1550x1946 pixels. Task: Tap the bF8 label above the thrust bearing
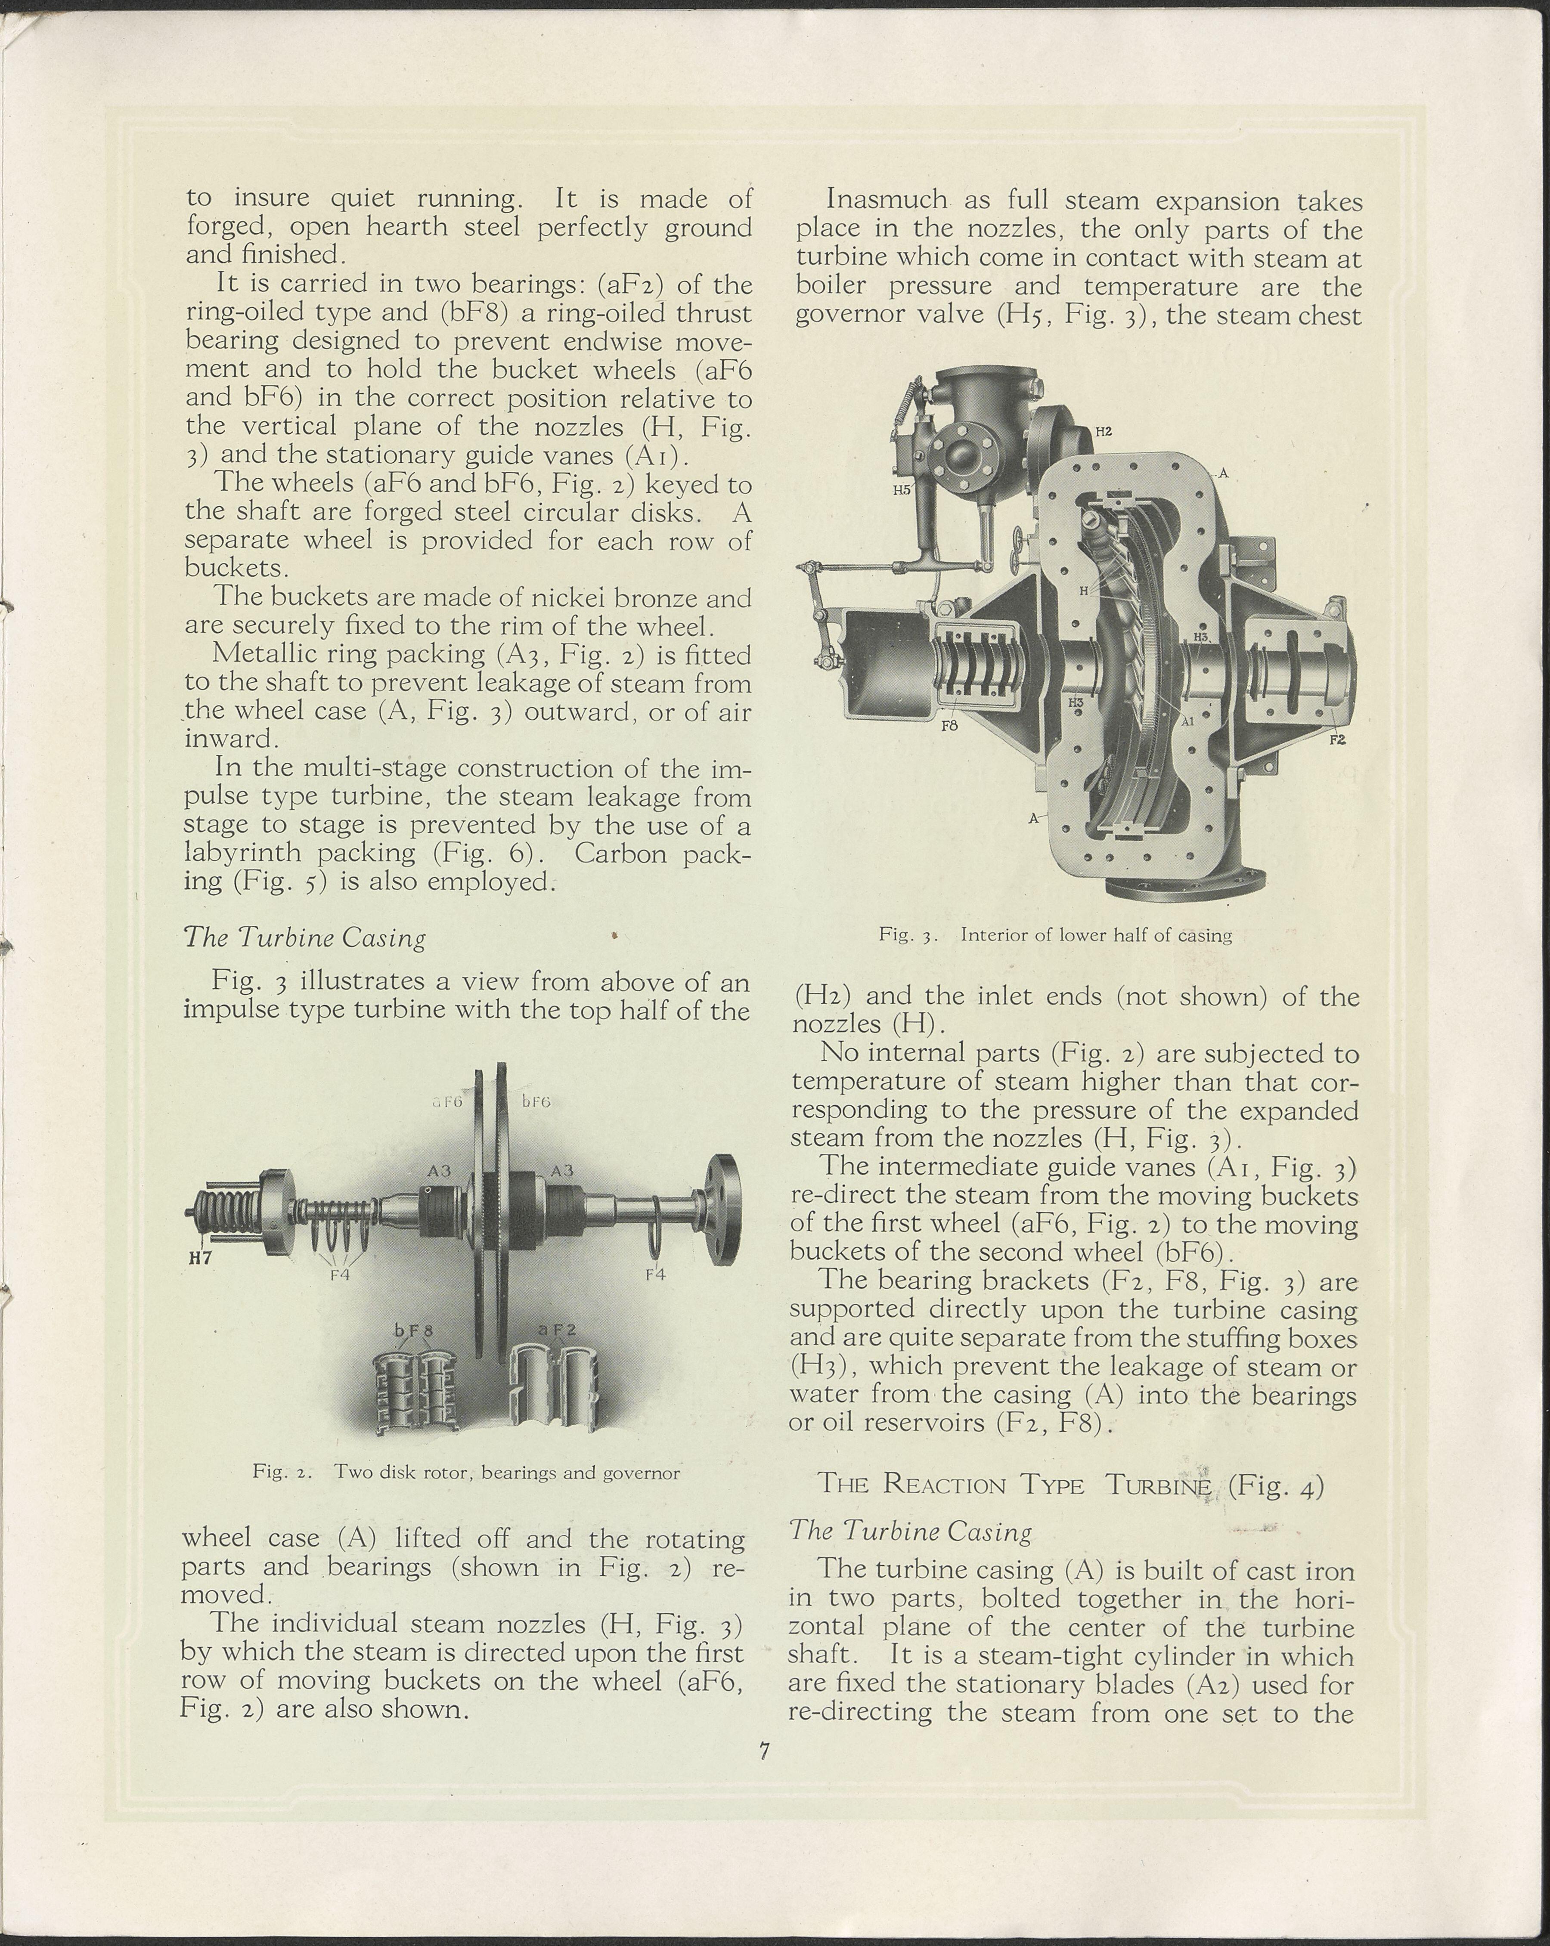tap(414, 1330)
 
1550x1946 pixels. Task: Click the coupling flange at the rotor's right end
tap(723, 1210)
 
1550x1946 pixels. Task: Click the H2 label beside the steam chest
tap(1103, 431)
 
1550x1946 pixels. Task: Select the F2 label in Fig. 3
tap(1337, 740)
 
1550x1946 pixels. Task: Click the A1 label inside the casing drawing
tap(1188, 721)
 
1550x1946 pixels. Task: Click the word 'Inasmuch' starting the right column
tap(887, 201)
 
